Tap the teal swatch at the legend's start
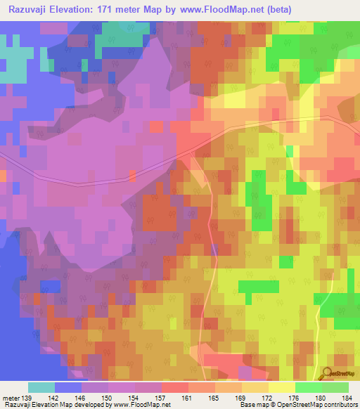(41, 387)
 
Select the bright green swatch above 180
(308, 387)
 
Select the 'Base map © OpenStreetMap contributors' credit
(296, 405)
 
